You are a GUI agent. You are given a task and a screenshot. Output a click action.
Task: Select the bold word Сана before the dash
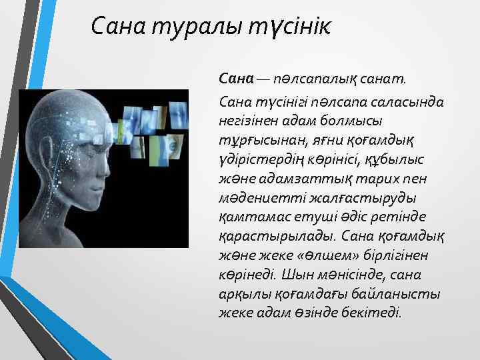tap(237, 79)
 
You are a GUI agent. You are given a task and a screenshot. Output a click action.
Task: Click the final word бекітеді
tap(369, 312)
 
